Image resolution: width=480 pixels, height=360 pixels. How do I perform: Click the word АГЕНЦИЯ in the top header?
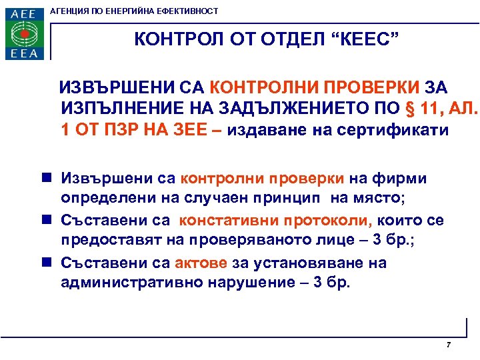(x=75, y=11)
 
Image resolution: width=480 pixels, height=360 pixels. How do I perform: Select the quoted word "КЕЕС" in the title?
(x=366, y=39)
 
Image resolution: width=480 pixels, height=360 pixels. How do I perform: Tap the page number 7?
(x=448, y=345)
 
